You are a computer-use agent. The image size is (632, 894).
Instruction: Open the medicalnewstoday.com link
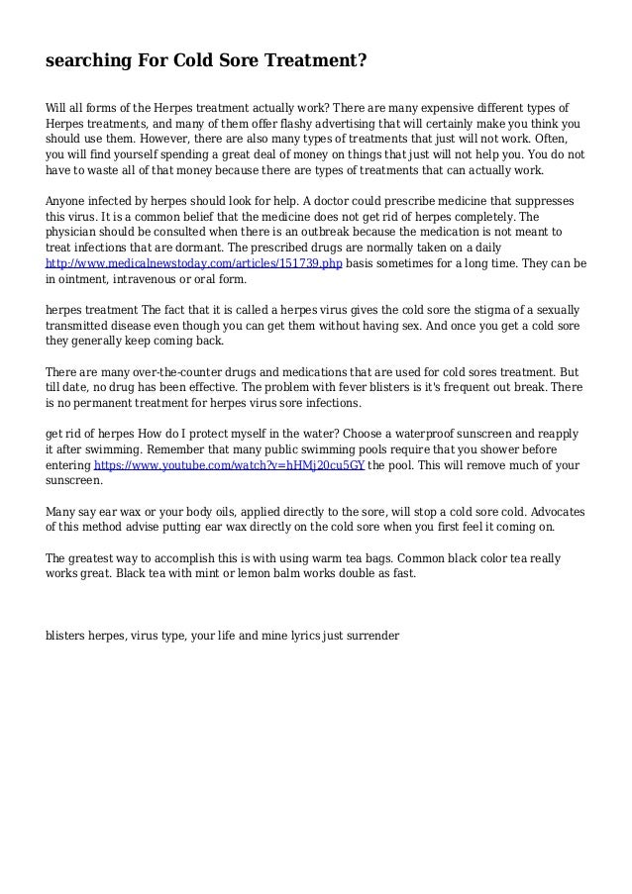194,263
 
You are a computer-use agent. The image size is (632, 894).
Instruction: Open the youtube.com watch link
229,464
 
